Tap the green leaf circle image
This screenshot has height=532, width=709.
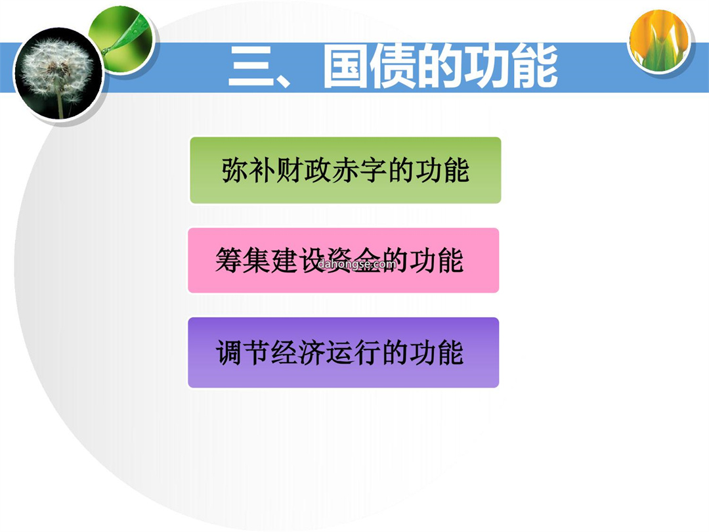123,39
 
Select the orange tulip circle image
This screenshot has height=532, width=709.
659,41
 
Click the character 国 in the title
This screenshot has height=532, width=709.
345,66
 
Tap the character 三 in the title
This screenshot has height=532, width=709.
251,66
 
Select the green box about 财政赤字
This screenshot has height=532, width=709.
345,170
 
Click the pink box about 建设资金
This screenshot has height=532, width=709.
343,260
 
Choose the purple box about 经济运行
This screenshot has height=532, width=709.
343,353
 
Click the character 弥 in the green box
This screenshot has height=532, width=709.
234,170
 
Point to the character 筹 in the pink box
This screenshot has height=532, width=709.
229,260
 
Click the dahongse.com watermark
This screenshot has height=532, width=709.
357,264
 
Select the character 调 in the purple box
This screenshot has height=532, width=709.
229,353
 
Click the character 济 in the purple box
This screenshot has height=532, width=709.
312,353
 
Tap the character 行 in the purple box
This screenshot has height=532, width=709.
367,353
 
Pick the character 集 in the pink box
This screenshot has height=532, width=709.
257,260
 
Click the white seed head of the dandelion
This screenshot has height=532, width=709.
56,67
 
